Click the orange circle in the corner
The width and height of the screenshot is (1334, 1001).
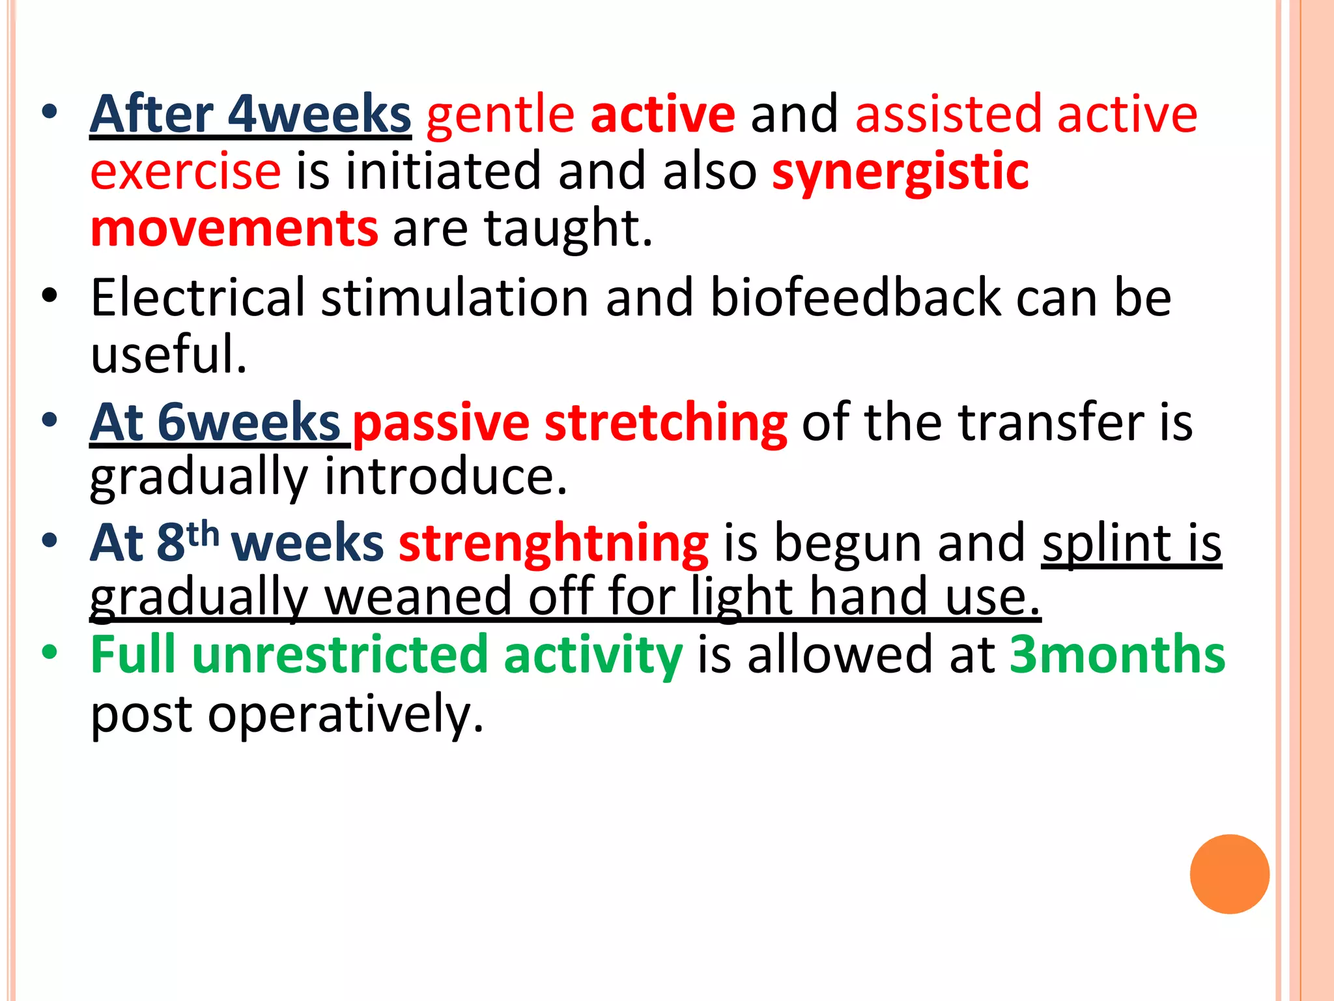pyautogui.click(x=1229, y=874)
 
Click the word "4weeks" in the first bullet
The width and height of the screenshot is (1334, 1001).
pyautogui.click(x=319, y=115)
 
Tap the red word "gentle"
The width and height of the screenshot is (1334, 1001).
pyautogui.click(x=500, y=115)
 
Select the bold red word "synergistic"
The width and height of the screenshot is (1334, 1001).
pyautogui.click(x=900, y=172)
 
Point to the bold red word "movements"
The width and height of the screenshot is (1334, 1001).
pyautogui.click(x=234, y=229)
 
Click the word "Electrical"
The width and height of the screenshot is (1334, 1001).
pyautogui.click(x=197, y=298)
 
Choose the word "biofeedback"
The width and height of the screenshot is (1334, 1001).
pyautogui.click(x=855, y=298)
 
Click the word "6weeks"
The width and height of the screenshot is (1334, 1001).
pyautogui.click(x=249, y=423)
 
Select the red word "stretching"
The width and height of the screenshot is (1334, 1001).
pyautogui.click(x=666, y=424)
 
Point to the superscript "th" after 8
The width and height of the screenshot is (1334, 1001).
pyautogui.click(x=203, y=534)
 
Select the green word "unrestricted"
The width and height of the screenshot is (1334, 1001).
pyautogui.click(x=340, y=654)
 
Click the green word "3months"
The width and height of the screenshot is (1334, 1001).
pyautogui.click(x=1117, y=654)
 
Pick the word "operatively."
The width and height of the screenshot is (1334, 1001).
pyautogui.click(x=346, y=714)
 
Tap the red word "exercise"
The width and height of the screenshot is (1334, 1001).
pyautogui.click(x=186, y=172)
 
